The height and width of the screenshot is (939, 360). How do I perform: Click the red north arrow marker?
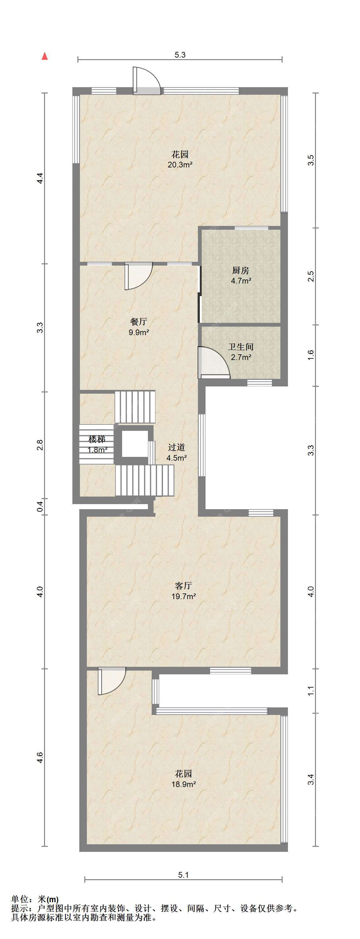tap(44, 56)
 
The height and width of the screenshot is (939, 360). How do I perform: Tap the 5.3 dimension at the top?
tap(180, 55)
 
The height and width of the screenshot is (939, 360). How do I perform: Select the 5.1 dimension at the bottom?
tap(183, 875)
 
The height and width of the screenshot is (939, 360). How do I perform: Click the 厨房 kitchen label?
tap(240, 271)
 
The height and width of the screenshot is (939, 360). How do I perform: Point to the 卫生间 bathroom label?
tap(240, 347)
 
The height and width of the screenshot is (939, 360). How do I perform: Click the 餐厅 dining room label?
tap(138, 322)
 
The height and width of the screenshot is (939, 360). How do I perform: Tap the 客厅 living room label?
tap(183, 586)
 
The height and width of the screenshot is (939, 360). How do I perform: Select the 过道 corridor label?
tap(176, 447)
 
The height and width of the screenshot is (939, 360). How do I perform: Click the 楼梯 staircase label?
tap(97, 439)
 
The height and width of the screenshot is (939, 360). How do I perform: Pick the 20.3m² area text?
tap(180, 164)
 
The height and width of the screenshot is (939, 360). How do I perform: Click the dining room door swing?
tap(138, 276)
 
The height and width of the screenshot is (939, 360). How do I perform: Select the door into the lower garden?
tap(111, 681)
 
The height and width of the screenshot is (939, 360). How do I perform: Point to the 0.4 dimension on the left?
tap(41, 507)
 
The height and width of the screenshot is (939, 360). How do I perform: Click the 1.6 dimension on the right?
tap(311, 355)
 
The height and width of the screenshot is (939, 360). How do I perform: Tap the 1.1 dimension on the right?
tap(311, 691)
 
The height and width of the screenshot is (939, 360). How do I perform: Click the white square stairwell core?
tap(135, 444)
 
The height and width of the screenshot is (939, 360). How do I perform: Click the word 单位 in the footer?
tap(20, 899)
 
